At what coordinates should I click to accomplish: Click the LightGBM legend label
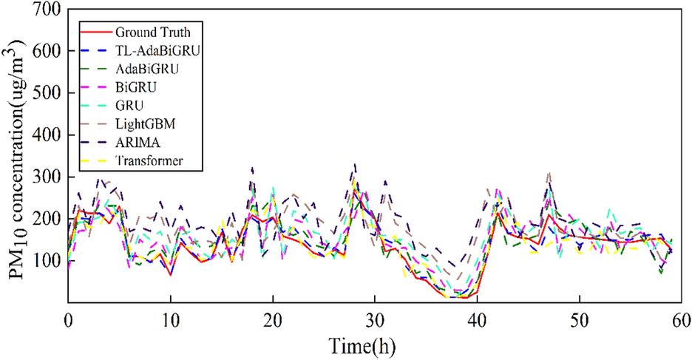coord(144,123)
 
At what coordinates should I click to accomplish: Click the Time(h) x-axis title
coord(373,344)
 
